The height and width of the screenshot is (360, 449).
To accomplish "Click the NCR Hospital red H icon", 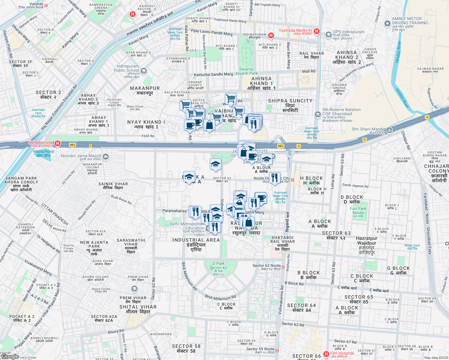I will (x=57, y=144).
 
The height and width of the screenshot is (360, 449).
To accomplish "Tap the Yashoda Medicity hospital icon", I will (x=316, y=31).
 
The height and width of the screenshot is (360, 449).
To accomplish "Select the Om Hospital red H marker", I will (x=326, y=354).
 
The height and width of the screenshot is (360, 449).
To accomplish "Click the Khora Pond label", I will (x=44, y=154).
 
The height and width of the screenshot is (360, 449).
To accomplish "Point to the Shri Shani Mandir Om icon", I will (x=389, y=130).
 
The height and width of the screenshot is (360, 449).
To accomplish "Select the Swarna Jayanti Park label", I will (x=246, y=71).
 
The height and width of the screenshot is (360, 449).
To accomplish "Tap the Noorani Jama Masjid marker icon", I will (x=105, y=157).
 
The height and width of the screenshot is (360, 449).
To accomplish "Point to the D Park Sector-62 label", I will (x=218, y=267).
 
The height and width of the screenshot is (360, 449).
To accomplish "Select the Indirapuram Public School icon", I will (x=144, y=71).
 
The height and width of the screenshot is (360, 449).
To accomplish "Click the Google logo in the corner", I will (x=10, y=356).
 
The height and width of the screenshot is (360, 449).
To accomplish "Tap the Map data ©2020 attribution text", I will (x=436, y=358).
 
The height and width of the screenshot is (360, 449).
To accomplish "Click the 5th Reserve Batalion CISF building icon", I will (x=318, y=115).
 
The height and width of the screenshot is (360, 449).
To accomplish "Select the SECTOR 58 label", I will (x=186, y=349).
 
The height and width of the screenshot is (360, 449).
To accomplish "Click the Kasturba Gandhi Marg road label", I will (x=213, y=74).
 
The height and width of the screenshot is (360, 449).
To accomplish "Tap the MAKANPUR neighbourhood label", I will (x=145, y=90).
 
